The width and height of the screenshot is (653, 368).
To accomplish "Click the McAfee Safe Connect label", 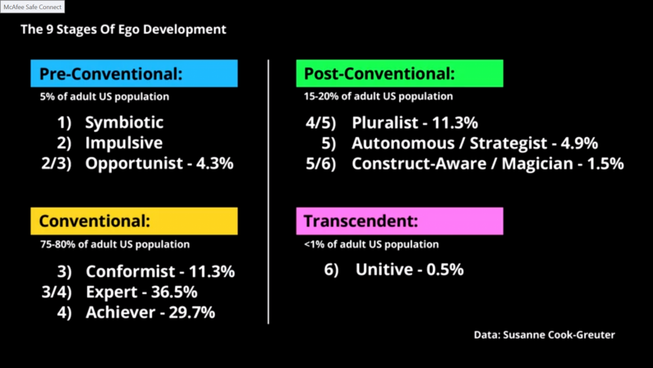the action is click(x=33, y=7).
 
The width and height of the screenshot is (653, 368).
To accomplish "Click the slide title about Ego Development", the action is click(x=123, y=29).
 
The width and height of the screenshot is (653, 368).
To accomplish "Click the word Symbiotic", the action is click(x=124, y=122).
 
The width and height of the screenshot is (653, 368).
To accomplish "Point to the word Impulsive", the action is click(x=123, y=143).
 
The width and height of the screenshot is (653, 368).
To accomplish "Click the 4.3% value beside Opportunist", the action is click(x=215, y=163).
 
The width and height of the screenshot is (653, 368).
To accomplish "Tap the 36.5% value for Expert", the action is click(x=174, y=292).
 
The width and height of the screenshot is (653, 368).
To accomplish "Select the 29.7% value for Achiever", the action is click(x=192, y=312).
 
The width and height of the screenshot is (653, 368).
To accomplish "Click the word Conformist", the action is click(x=131, y=272).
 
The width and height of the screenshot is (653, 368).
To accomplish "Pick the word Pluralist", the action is click(x=385, y=123).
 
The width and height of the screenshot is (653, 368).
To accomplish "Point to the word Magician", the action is click(x=537, y=164).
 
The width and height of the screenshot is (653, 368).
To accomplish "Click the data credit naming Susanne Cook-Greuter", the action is click(x=545, y=335).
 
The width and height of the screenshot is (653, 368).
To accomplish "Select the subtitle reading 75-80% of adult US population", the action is click(x=115, y=244).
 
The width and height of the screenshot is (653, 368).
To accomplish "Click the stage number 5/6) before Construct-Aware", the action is click(x=321, y=164).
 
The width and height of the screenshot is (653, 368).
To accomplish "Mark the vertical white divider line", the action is click(x=268, y=192).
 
